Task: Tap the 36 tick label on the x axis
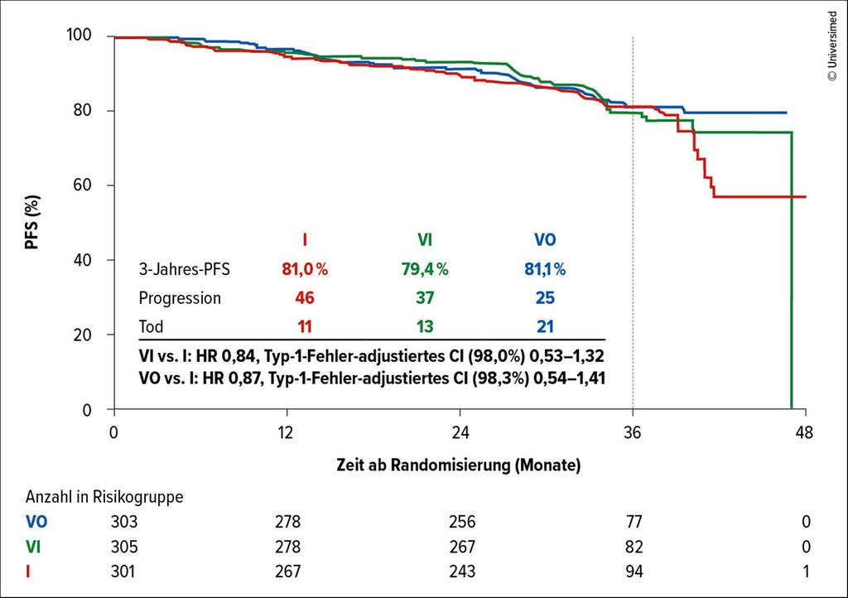[633, 432]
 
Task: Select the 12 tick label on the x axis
[287, 432]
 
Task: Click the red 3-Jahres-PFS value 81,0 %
[305, 269]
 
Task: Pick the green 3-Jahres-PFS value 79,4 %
[425, 269]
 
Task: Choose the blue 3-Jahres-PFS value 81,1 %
[543, 269]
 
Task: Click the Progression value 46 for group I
[305, 298]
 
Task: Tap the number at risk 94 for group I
[633, 571]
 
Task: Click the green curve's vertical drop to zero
[793, 273]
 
